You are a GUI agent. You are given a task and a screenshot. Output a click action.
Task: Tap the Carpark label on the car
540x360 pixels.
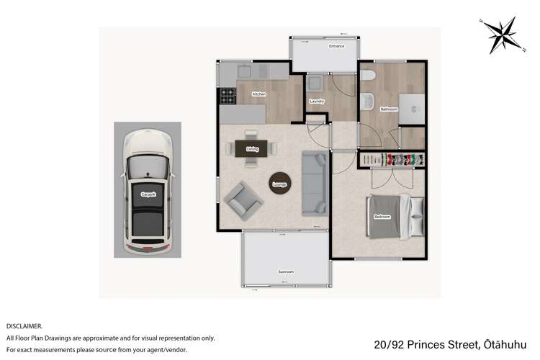point(148,194)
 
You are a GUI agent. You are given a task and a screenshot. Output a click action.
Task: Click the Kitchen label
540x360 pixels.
point(259,94)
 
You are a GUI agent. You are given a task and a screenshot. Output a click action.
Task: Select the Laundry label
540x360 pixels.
point(317,102)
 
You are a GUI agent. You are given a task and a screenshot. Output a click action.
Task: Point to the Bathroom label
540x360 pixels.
point(390,109)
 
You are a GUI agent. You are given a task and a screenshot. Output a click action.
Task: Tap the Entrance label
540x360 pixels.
point(336,46)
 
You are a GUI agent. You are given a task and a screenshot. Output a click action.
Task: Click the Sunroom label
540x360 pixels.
point(286,271)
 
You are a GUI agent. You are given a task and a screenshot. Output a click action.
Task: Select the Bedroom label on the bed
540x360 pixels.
point(382,217)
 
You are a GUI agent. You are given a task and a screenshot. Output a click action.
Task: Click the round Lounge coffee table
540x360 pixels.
point(279,183)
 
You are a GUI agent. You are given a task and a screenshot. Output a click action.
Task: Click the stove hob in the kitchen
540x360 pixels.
point(228,94)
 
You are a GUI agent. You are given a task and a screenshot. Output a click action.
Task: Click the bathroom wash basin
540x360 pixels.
point(367,101)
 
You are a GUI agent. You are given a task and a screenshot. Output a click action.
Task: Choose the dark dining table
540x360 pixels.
point(252,148)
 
